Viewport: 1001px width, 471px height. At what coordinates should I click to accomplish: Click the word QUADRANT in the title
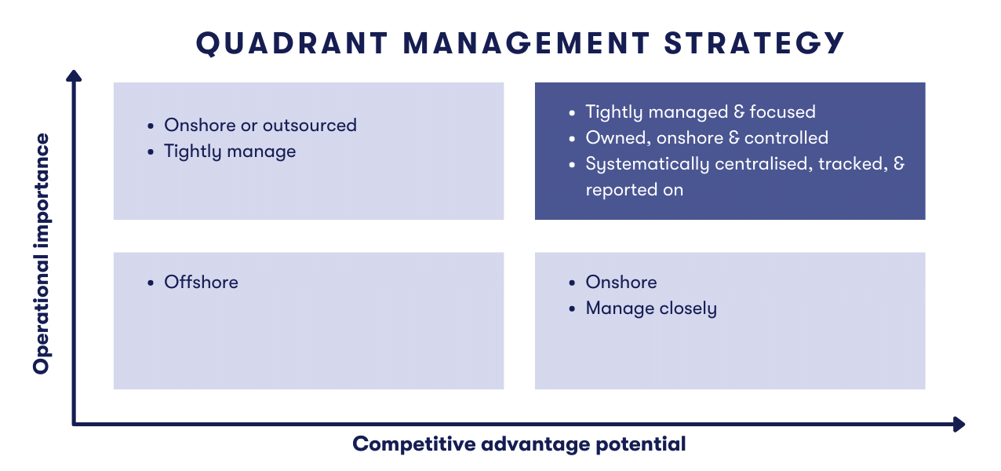[292, 44]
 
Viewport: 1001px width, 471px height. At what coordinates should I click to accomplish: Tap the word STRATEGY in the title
[754, 43]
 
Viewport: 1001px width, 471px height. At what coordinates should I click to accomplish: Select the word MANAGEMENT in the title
[526, 43]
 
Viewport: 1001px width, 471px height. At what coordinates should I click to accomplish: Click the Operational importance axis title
[41, 254]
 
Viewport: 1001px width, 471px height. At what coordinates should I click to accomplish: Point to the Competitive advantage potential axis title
[519, 444]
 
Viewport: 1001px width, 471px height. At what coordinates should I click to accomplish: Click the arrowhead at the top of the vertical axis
[74, 75]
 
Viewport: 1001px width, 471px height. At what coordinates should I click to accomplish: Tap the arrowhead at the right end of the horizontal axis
[959, 424]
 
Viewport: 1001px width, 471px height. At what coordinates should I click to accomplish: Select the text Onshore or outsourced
[260, 126]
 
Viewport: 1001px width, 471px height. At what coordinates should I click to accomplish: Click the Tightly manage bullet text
[230, 152]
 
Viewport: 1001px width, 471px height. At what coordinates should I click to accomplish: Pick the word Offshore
[201, 283]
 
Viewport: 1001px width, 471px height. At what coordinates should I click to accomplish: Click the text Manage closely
[651, 309]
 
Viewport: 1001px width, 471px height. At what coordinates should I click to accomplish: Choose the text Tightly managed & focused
[701, 111]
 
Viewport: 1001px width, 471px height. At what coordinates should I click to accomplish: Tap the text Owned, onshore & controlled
[707, 137]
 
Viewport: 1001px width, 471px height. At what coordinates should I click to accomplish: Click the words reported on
[634, 190]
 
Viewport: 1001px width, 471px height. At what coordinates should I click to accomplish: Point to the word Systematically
[647, 164]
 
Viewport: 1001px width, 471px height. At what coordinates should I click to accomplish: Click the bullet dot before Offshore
[151, 283]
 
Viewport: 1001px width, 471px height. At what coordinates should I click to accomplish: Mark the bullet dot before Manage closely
[572, 309]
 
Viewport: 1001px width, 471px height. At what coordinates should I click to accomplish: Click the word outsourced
[310, 126]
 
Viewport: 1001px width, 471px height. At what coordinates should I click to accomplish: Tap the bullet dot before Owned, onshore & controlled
[572, 139]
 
